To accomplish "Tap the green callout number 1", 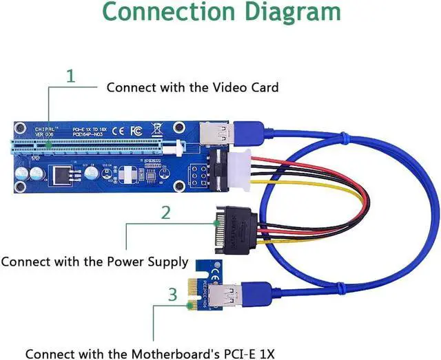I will [x=70, y=76].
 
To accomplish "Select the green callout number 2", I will [x=165, y=213].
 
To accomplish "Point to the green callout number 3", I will [x=172, y=295].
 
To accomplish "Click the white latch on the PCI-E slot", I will [x=181, y=147].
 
